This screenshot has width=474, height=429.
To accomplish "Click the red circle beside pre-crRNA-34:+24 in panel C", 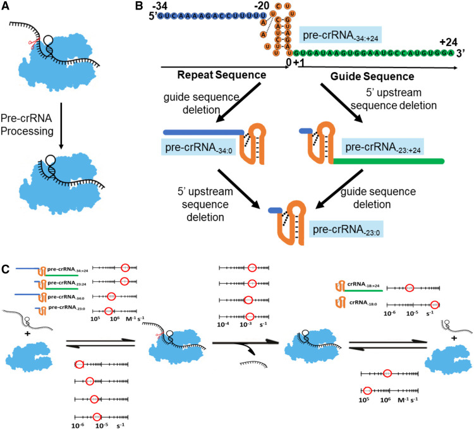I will pyautogui.click(x=125, y=269).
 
